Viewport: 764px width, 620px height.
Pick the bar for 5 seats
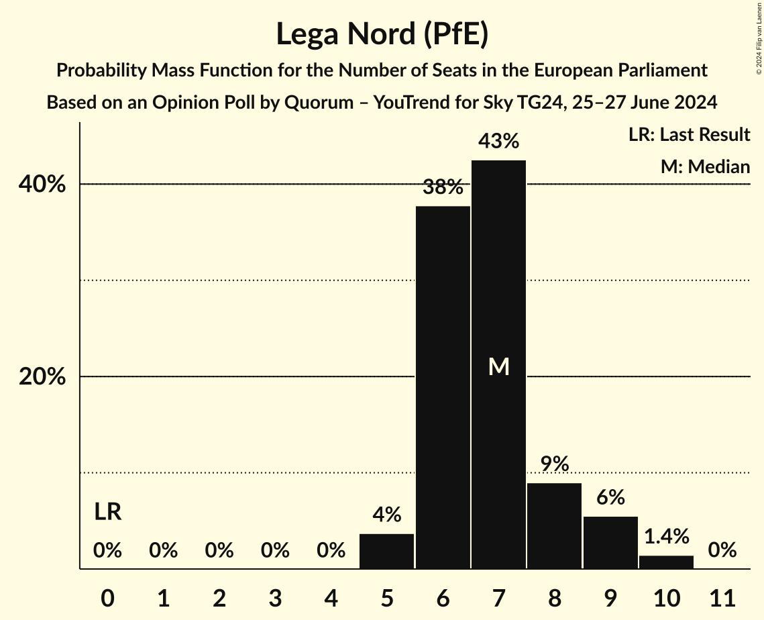(387, 552)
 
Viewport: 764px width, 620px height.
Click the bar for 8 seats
(555, 526)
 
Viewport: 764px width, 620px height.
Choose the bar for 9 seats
(610, 543)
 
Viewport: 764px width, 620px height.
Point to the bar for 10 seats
(666, 562)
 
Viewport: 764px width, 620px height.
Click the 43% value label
(498, 142)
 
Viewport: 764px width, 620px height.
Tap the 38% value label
(443, 187)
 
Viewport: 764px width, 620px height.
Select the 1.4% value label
(666, 536)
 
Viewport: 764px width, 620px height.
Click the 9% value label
(555, 464)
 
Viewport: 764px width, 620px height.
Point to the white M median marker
(498, 366)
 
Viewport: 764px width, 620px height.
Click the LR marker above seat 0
(107, 512)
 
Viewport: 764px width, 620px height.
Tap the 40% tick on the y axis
(42, 185)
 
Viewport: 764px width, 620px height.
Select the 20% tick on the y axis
(42, 377)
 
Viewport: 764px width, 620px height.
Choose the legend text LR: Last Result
(689, 135)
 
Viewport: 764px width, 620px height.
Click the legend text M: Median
(705, 166)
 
